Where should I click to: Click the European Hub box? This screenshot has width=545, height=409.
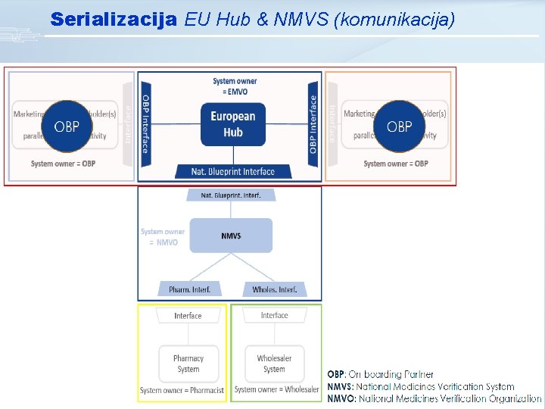tap(232, 124)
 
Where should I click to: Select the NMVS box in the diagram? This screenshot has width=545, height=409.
tap(231, 236)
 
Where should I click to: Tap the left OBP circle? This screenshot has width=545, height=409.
tap(67, 126)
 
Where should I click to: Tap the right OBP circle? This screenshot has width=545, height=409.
tap(399, 126)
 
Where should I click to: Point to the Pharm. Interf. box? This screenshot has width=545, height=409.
tap(190, 289)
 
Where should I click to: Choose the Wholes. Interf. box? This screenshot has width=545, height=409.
tap(274, 289)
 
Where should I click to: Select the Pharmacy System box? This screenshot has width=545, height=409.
tap(188, 364)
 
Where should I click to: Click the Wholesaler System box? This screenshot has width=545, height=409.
tap(274, 364)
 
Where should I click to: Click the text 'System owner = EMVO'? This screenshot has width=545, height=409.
tap(235, 86)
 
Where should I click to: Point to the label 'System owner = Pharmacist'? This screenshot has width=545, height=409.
tap(182, 390)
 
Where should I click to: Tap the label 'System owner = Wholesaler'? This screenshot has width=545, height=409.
tap(276, 390)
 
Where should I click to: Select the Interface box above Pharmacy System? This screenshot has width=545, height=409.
tap(188, 316)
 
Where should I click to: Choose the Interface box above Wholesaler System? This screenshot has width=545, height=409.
tap(274, 316)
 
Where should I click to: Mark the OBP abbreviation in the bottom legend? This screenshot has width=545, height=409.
tap(335, 374)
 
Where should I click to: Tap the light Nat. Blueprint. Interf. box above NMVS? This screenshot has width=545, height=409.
tap(231, 195)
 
